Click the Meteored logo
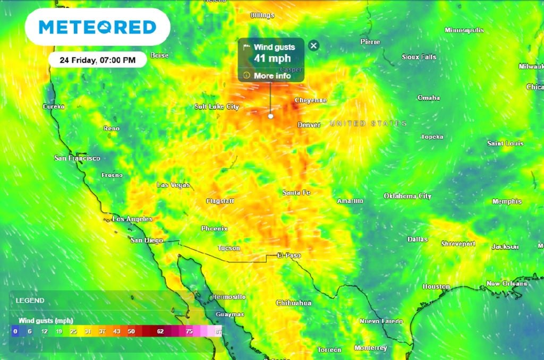coord(97,27)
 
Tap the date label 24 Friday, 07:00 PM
coord(98,60)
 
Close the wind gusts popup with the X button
coord(313,46)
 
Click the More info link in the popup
coord(271,76)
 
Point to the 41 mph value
coord(272,58)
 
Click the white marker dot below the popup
coord(270,116)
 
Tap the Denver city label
coord(309,125)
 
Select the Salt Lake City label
coord(217,107)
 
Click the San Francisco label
coord(77,158)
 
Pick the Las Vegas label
coord(173,185)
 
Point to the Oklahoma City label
coord(407,196)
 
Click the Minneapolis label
coord(464,30)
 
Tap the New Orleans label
coord(507,284)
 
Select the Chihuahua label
coord(293,303)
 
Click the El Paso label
coord(289,255)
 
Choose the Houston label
coord(436,286)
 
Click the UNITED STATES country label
coord(368,123)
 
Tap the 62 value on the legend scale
coord(160,331)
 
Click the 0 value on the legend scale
coord(15,331)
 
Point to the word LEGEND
coord(30,301)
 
